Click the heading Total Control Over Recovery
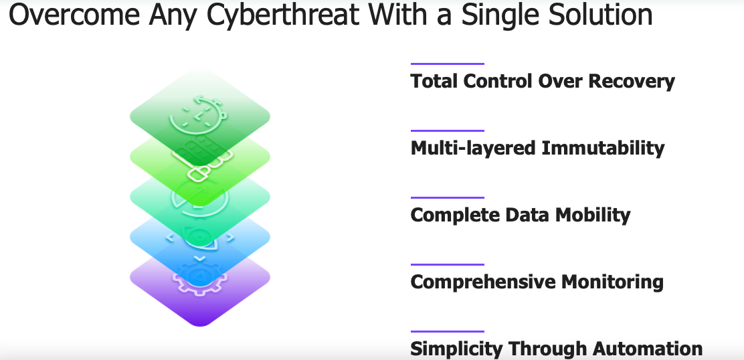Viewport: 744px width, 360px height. pos(543,82)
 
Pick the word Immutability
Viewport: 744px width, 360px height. pos(603,148)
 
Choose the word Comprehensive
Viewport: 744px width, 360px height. pos(483,282)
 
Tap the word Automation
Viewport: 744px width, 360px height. pos(647,349)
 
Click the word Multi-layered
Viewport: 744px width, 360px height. pos(474,148)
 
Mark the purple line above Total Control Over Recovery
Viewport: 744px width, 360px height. pos(448,64)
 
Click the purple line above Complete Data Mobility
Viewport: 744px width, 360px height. pos(448,197)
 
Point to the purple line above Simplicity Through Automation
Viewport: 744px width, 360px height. pos(448,331)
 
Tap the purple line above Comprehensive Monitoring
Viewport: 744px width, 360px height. pos(448,264)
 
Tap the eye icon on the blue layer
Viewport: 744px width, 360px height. pos(200,237)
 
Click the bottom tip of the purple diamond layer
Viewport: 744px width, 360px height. pos(200,327)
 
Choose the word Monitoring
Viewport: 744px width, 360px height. pos(612,282)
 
